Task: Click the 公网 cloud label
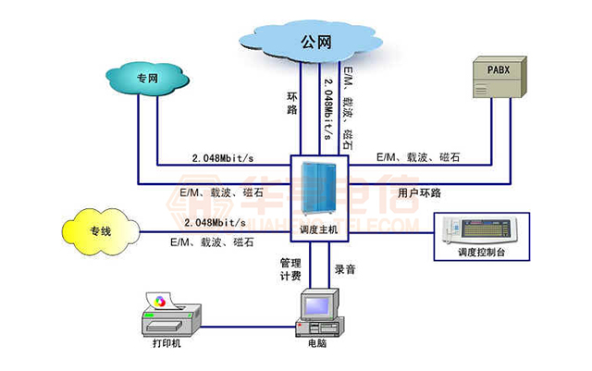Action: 314,41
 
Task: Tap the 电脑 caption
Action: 317,352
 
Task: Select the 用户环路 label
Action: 420,193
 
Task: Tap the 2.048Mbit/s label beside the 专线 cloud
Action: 215,223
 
